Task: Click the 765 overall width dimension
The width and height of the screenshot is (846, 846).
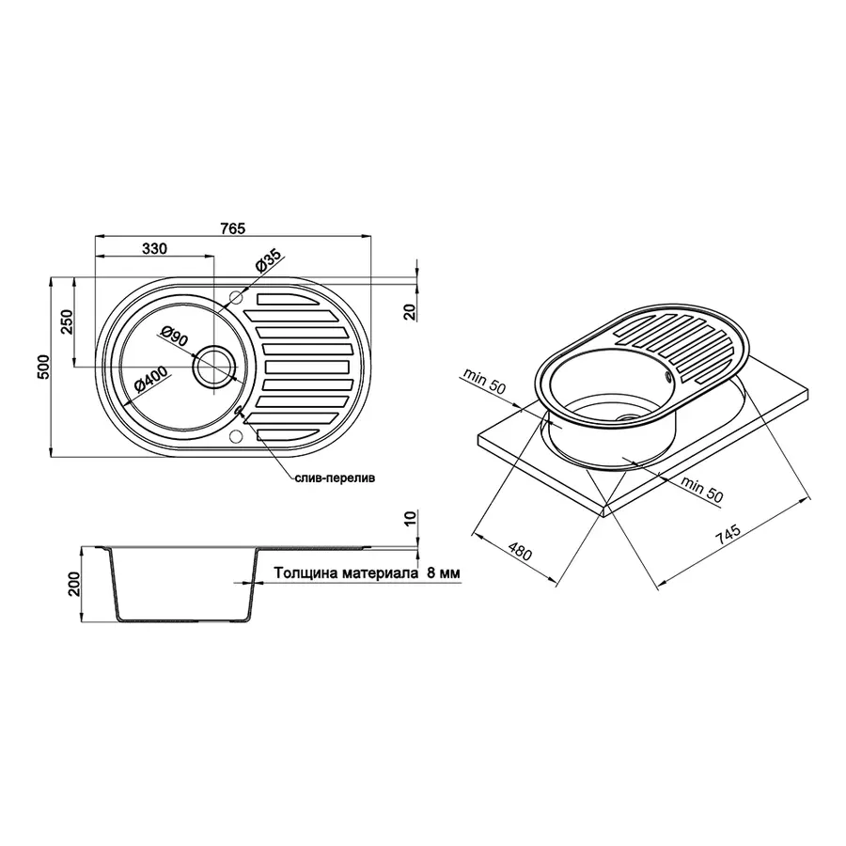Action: coord(233,228)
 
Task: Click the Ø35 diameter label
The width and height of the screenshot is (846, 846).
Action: coord(267,263)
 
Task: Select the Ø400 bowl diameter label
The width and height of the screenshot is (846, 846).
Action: coord(150,383)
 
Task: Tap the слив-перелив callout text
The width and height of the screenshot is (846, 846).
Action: coord(333,478)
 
